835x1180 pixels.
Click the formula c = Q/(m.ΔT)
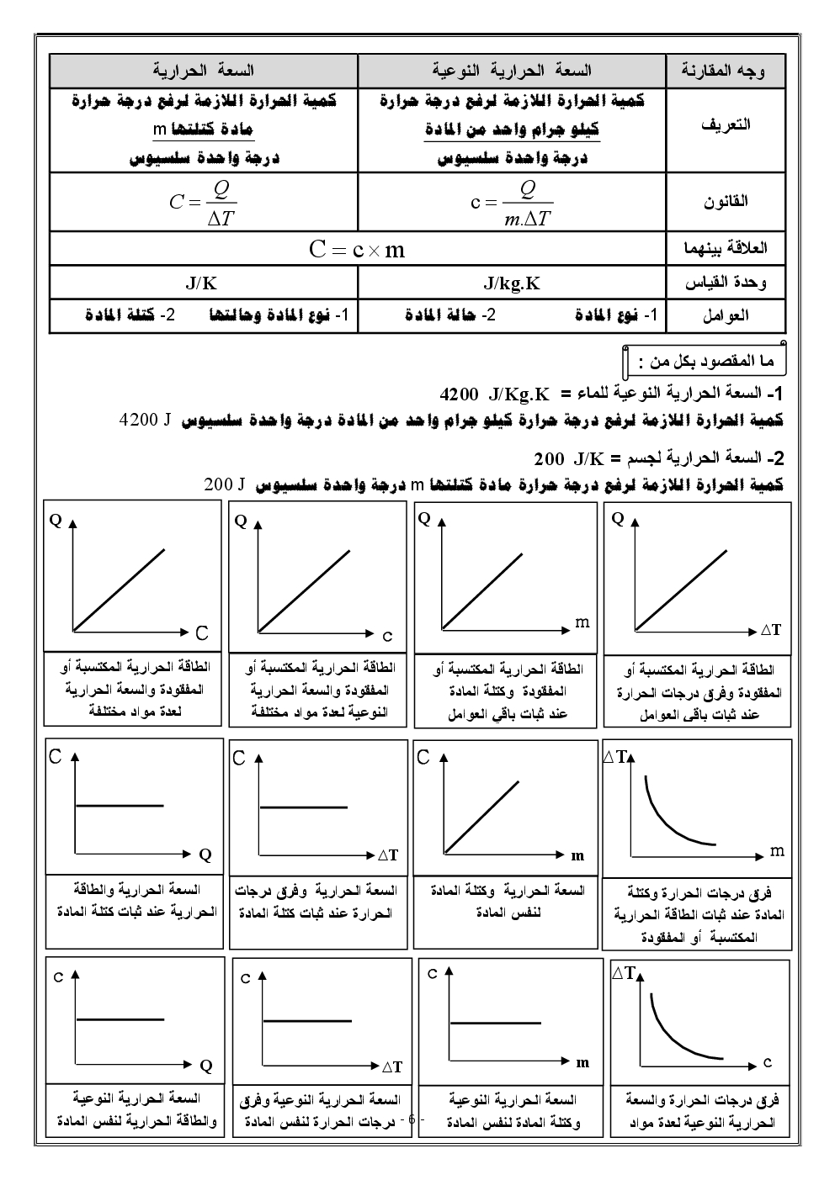(x=511, y=203)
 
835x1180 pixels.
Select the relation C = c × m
(x=357, y=250)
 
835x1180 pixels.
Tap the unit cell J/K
(x=201, y=283)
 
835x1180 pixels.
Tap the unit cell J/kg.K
(x=512, y=283)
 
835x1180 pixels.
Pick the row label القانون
(x=725, y=202)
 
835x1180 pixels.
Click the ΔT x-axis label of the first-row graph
(x=770, y=630)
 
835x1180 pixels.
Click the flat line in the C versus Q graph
(x=120, y=806)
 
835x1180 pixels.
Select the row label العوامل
(x=725, y=316)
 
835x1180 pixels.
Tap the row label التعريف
(x=725, y=124)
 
